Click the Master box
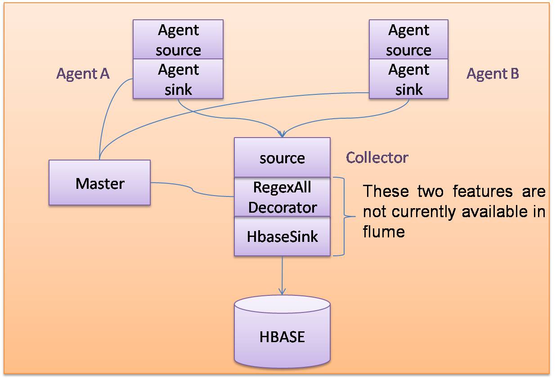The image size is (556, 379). tap(99, 183)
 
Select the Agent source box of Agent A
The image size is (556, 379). tap(178, 40)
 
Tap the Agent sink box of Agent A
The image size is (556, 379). tap(178, 79)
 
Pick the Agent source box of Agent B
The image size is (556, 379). tap(408, 40)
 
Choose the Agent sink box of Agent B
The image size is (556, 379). tap(408, 79)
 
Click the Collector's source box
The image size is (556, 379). tap(282, 158)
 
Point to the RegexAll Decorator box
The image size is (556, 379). tap(282, 197)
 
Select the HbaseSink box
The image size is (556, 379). tap(282, 236)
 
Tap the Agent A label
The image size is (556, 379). tap(83, 74)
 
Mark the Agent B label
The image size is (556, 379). tap(493, 74)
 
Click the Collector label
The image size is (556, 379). tap(377, 157)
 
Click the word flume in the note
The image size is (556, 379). tap(384, 232)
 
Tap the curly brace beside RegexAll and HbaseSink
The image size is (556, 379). tap(344, 217)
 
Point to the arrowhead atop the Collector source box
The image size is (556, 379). tap(282, 134)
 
